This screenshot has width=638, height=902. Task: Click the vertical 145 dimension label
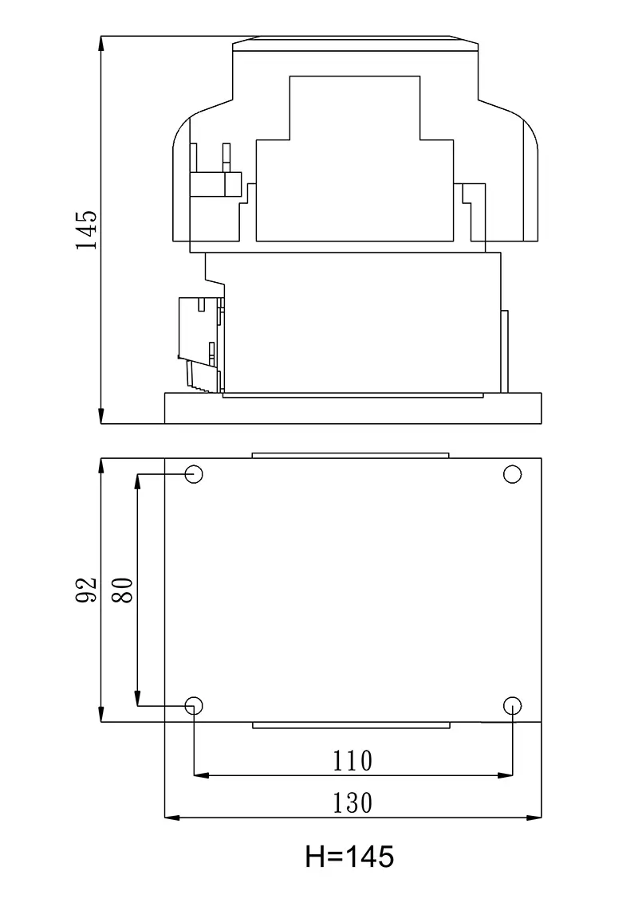(87, 230)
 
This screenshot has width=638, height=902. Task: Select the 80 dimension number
(122, 590)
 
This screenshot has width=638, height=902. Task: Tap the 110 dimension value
(352, 761)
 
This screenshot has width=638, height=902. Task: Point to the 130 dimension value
(352, 802)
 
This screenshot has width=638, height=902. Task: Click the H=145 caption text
(349, 857)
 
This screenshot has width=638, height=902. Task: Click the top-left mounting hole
(195, 475)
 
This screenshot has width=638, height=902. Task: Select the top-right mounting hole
(513, 475)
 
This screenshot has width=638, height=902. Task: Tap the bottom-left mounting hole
(194, 705)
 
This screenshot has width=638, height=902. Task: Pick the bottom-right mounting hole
(513, 705)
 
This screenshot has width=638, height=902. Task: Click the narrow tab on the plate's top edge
(350, 455)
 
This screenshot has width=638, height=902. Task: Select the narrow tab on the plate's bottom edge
(351, 725)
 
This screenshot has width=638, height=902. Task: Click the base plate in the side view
(352, 409)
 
